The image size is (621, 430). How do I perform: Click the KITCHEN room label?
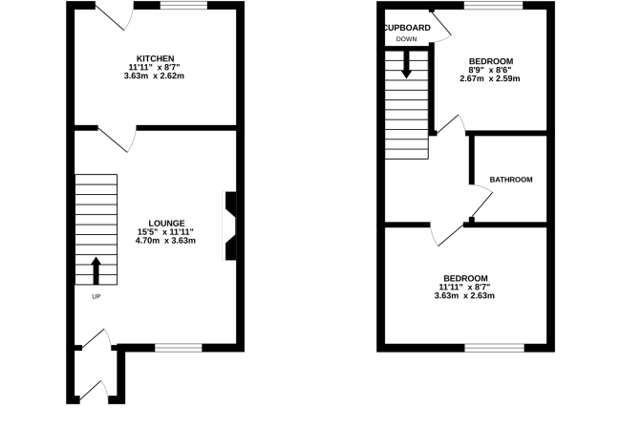(155, 58)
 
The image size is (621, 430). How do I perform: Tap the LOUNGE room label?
(166, 224)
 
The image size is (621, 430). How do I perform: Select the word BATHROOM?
(511, 180)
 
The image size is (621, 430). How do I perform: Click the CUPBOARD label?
(408, 28)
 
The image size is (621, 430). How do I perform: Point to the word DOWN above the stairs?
(406, 39)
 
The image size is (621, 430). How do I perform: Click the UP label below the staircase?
(96, 296)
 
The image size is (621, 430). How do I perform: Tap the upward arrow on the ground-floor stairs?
(96, 270)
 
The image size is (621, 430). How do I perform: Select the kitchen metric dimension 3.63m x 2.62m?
(154, 75)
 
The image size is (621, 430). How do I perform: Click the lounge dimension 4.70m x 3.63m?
(165, 241)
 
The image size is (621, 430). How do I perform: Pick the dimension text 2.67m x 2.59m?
(490, 78)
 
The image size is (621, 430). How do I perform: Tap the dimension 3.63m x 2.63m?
(464, 295)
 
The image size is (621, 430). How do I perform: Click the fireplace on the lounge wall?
(229, 226)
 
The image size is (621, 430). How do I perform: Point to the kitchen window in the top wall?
(183, 5)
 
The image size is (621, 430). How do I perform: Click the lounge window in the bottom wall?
(179, 348)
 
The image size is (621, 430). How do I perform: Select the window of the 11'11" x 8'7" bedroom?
(494, 348)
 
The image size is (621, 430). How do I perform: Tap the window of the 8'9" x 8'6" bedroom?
(494, 5)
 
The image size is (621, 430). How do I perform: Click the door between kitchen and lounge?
(118, 140)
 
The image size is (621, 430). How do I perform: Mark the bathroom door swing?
(482, 205)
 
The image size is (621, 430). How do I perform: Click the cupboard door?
(441, 26)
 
